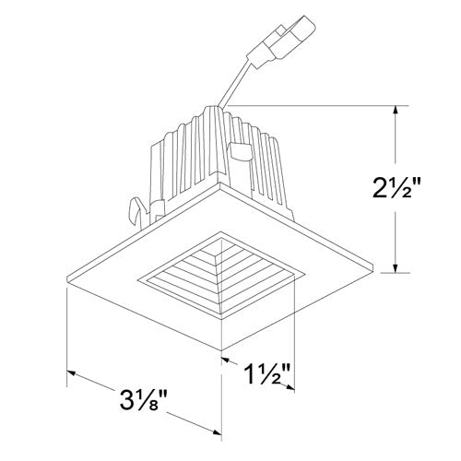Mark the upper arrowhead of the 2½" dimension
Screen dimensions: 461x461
(x=396, y=110)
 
